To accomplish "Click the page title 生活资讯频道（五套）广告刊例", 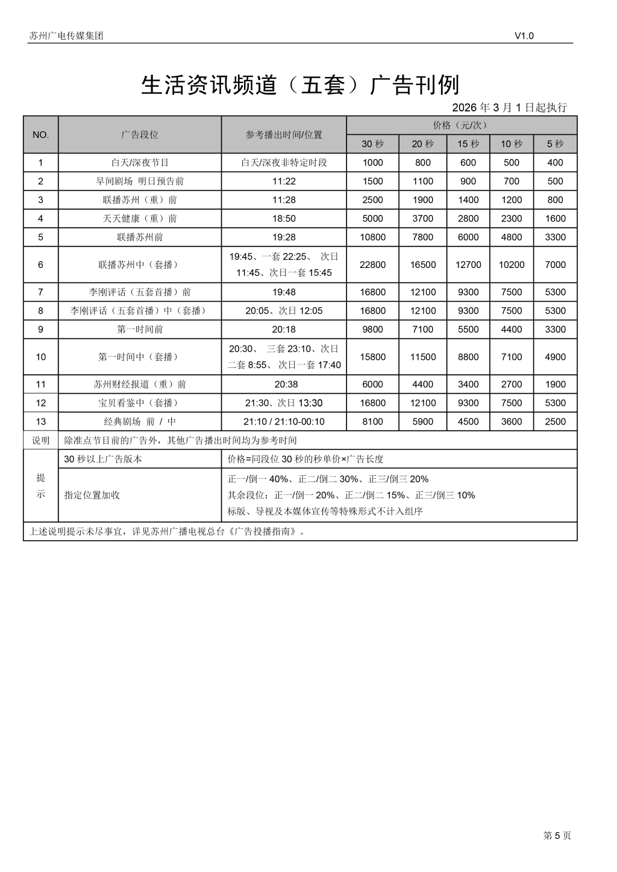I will [x=300, y=85].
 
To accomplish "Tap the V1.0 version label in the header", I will [x=524, y=36].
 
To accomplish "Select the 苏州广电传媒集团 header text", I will [x=66, y=36].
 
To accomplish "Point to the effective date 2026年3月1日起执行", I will [x=509, y=108].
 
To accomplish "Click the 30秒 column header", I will [x=372, y=144].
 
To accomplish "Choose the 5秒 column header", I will [x=555, y=144].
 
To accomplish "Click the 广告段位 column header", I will [x=140, y=135].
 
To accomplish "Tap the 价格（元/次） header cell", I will [x=461, y=125].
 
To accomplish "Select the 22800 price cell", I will [x=372, y=264].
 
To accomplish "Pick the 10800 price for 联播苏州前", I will [x=372, y=237].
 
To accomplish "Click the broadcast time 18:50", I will [x=284, y=219].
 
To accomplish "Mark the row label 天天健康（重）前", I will [x=140, y=219].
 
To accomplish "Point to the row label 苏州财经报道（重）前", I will [x=140, y=384].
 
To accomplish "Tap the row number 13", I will [x=40, y=422].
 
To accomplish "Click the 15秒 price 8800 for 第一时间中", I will [x=468, y=357].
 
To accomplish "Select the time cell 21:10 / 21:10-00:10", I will [x=284, y=422].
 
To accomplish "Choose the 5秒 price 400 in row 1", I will [x=555, y=163].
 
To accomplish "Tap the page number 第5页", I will [x=557, y=835].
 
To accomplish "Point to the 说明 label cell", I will [x=40, y=440].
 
